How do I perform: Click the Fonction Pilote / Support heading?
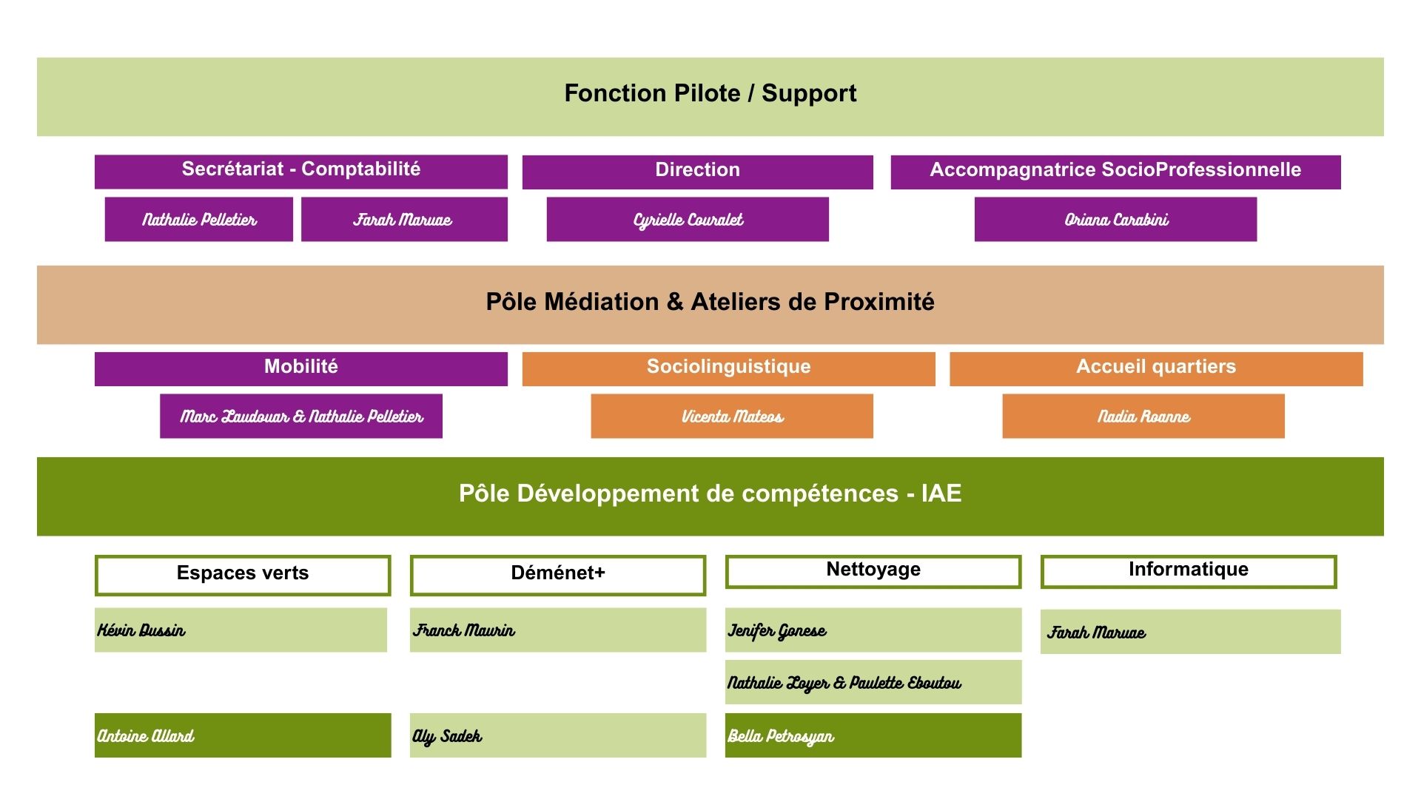[710, 94]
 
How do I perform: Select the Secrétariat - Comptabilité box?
[300, 170]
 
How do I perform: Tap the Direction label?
[697, 171]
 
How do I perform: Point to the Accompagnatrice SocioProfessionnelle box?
[1115, 171]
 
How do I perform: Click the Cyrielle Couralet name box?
[688, 220]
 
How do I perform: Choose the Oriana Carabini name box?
[1115, 220]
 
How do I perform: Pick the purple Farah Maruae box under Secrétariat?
[403, 220]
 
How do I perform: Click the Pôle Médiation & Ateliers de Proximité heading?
[710, 303]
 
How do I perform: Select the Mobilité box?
[300, 368]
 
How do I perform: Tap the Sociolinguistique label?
[728, 368]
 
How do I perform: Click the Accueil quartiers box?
[1155, 368]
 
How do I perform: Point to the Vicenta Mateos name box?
[732, 417]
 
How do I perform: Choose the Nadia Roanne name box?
[1143, 417]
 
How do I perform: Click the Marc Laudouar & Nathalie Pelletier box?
[301, 417]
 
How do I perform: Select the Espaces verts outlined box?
[243, 575]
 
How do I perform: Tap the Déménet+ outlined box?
[558, 575]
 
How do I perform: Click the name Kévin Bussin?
[141, 630]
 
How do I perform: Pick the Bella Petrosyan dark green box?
[873, 735]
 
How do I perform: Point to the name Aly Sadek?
[447, 736]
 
